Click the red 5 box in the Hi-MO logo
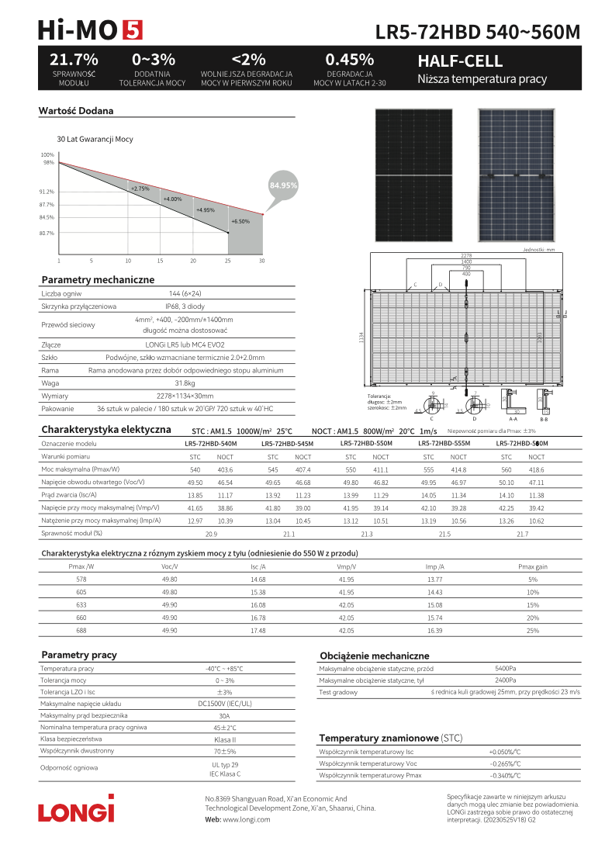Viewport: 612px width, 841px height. pos(132,29)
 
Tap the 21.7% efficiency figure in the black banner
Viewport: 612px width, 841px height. pos(74,60)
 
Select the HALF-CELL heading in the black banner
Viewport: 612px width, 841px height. pos(460,61)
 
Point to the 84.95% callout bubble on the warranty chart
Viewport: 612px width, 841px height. pos(283,186)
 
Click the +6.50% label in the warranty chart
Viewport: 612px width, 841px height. pos(240,221)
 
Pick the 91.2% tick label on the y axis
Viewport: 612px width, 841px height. pos(47,191)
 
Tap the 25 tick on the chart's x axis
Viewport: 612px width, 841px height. pos(228,261)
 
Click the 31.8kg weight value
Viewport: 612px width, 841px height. pos(185,383)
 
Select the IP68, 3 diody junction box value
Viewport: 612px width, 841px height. pos(185,306)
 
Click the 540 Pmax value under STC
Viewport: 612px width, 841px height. pos(195,470)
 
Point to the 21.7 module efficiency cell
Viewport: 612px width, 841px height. pos(522,534)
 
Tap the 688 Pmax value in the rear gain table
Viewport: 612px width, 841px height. pos(81,631)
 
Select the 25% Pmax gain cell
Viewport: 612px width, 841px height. pos(533,631)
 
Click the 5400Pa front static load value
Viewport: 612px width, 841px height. pos(506,668)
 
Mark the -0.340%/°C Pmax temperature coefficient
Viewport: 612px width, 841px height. pos(505,775)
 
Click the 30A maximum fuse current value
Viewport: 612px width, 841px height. pos(224,715)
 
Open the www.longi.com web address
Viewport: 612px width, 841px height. pos(238,819)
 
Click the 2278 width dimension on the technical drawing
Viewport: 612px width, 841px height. pos(465,255)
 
